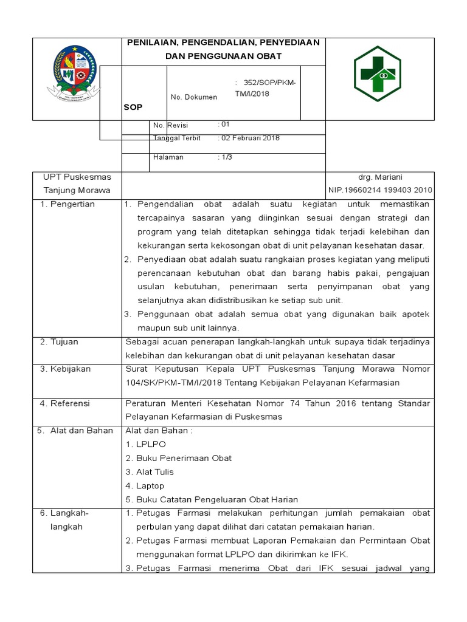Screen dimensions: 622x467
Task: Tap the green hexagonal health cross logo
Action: (378, 73)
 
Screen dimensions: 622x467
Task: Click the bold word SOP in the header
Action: (133, 107)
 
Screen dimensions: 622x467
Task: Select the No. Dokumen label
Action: (193, 97)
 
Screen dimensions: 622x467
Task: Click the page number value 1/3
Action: (226, 157)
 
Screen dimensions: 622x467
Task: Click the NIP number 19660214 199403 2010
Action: (380, 190)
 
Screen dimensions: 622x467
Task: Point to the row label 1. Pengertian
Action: (67, 204)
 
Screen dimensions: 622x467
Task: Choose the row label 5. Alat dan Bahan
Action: (75, 431)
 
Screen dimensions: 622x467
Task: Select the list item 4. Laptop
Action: (145, 486)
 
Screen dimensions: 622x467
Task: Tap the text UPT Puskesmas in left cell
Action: (77, 177)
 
